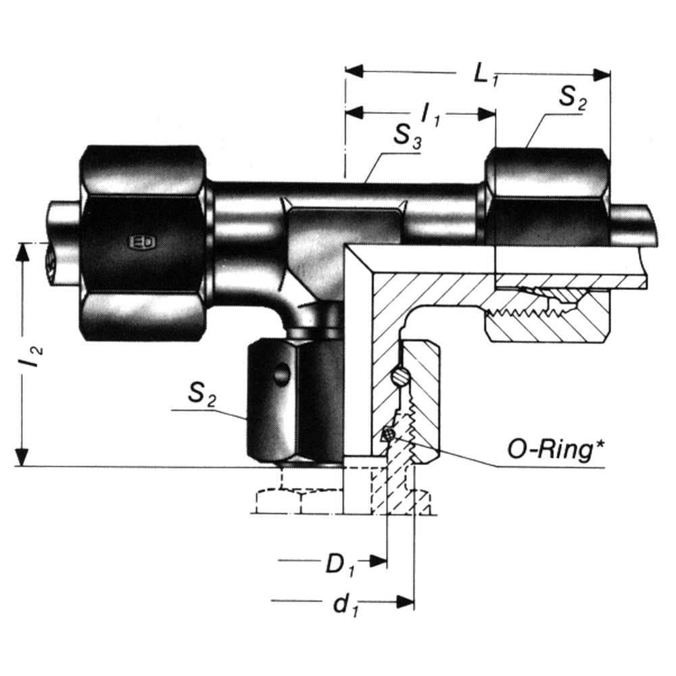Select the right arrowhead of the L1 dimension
602,73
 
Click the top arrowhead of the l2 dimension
24,251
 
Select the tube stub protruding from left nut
62,243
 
